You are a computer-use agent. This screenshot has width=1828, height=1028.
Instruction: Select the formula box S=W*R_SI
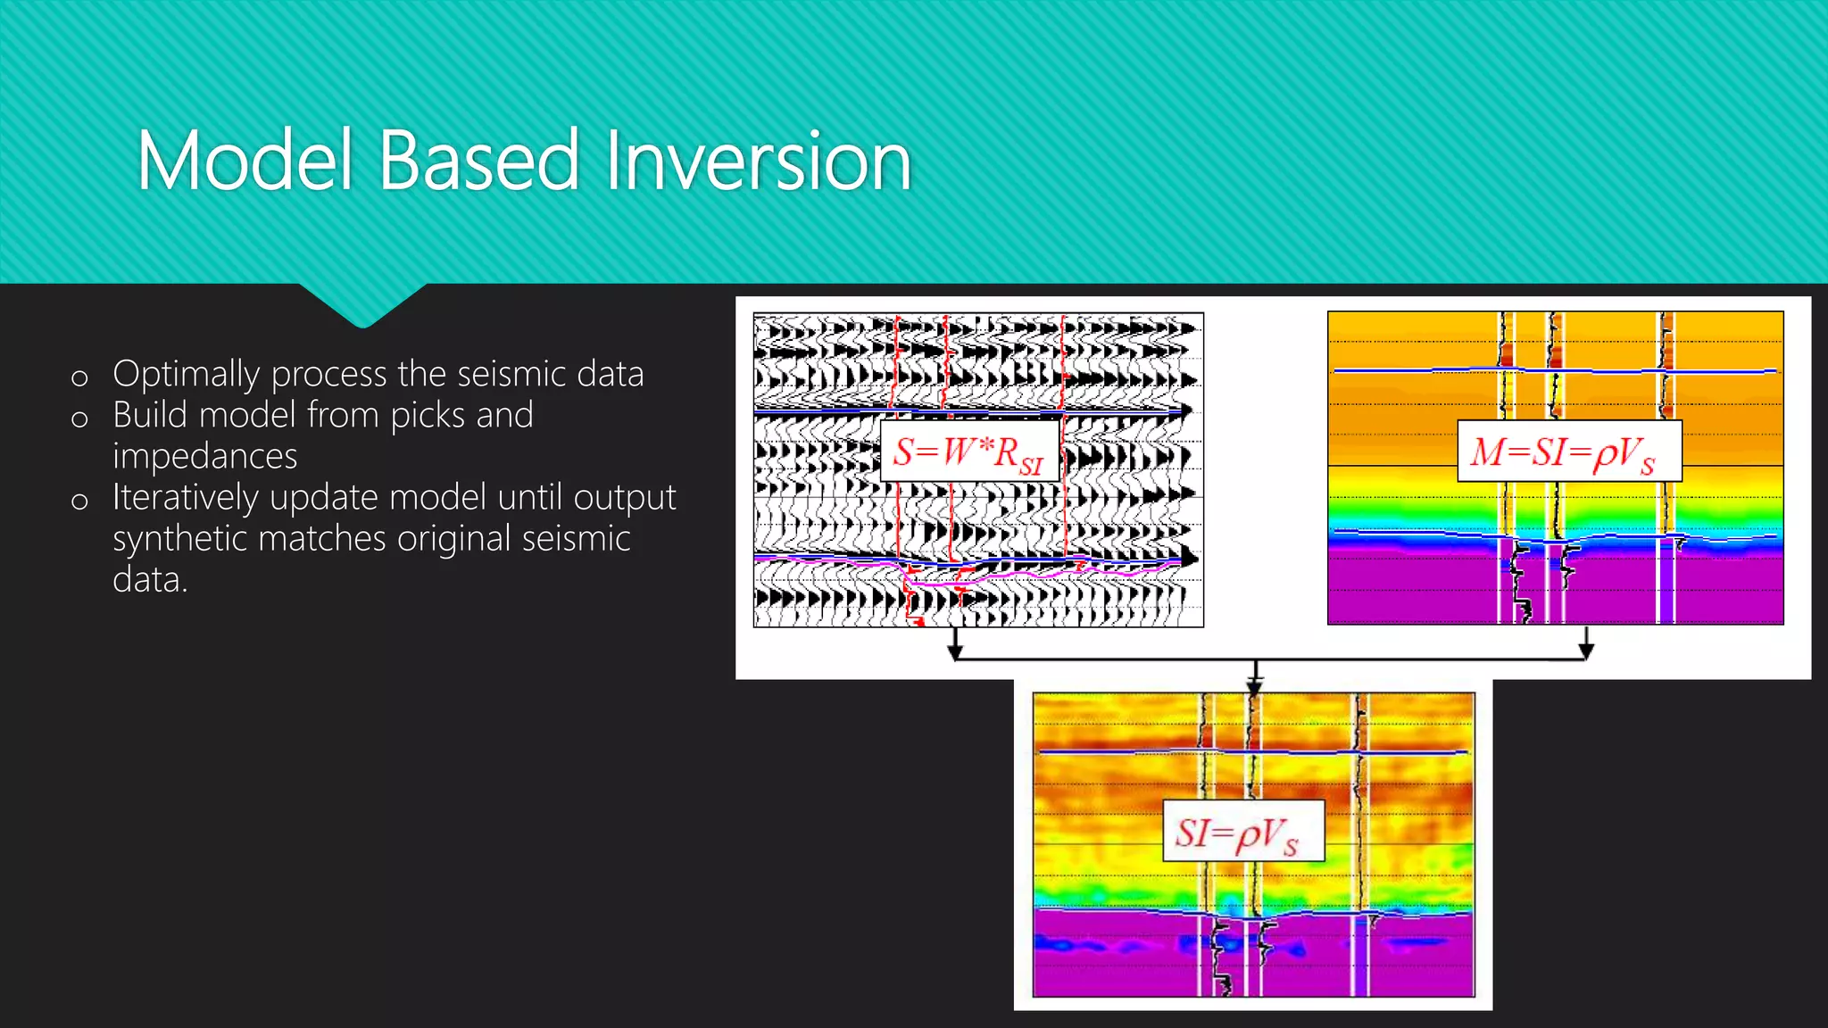click(969, 452)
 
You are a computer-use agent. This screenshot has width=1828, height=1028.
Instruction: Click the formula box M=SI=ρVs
click(1568, 452)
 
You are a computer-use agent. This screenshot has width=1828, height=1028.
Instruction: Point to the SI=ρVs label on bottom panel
click(1242, 832)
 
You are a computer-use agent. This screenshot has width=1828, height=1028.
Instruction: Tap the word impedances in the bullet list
click(204, 456)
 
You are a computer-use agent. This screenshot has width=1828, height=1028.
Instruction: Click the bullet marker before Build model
click(79, 419)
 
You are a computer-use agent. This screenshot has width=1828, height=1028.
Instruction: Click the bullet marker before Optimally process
click(79, 377)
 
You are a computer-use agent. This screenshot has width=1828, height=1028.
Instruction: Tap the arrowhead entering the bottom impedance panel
click(1255, 686)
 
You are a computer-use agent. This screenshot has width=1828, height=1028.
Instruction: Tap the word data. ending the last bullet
click(149, 580)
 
